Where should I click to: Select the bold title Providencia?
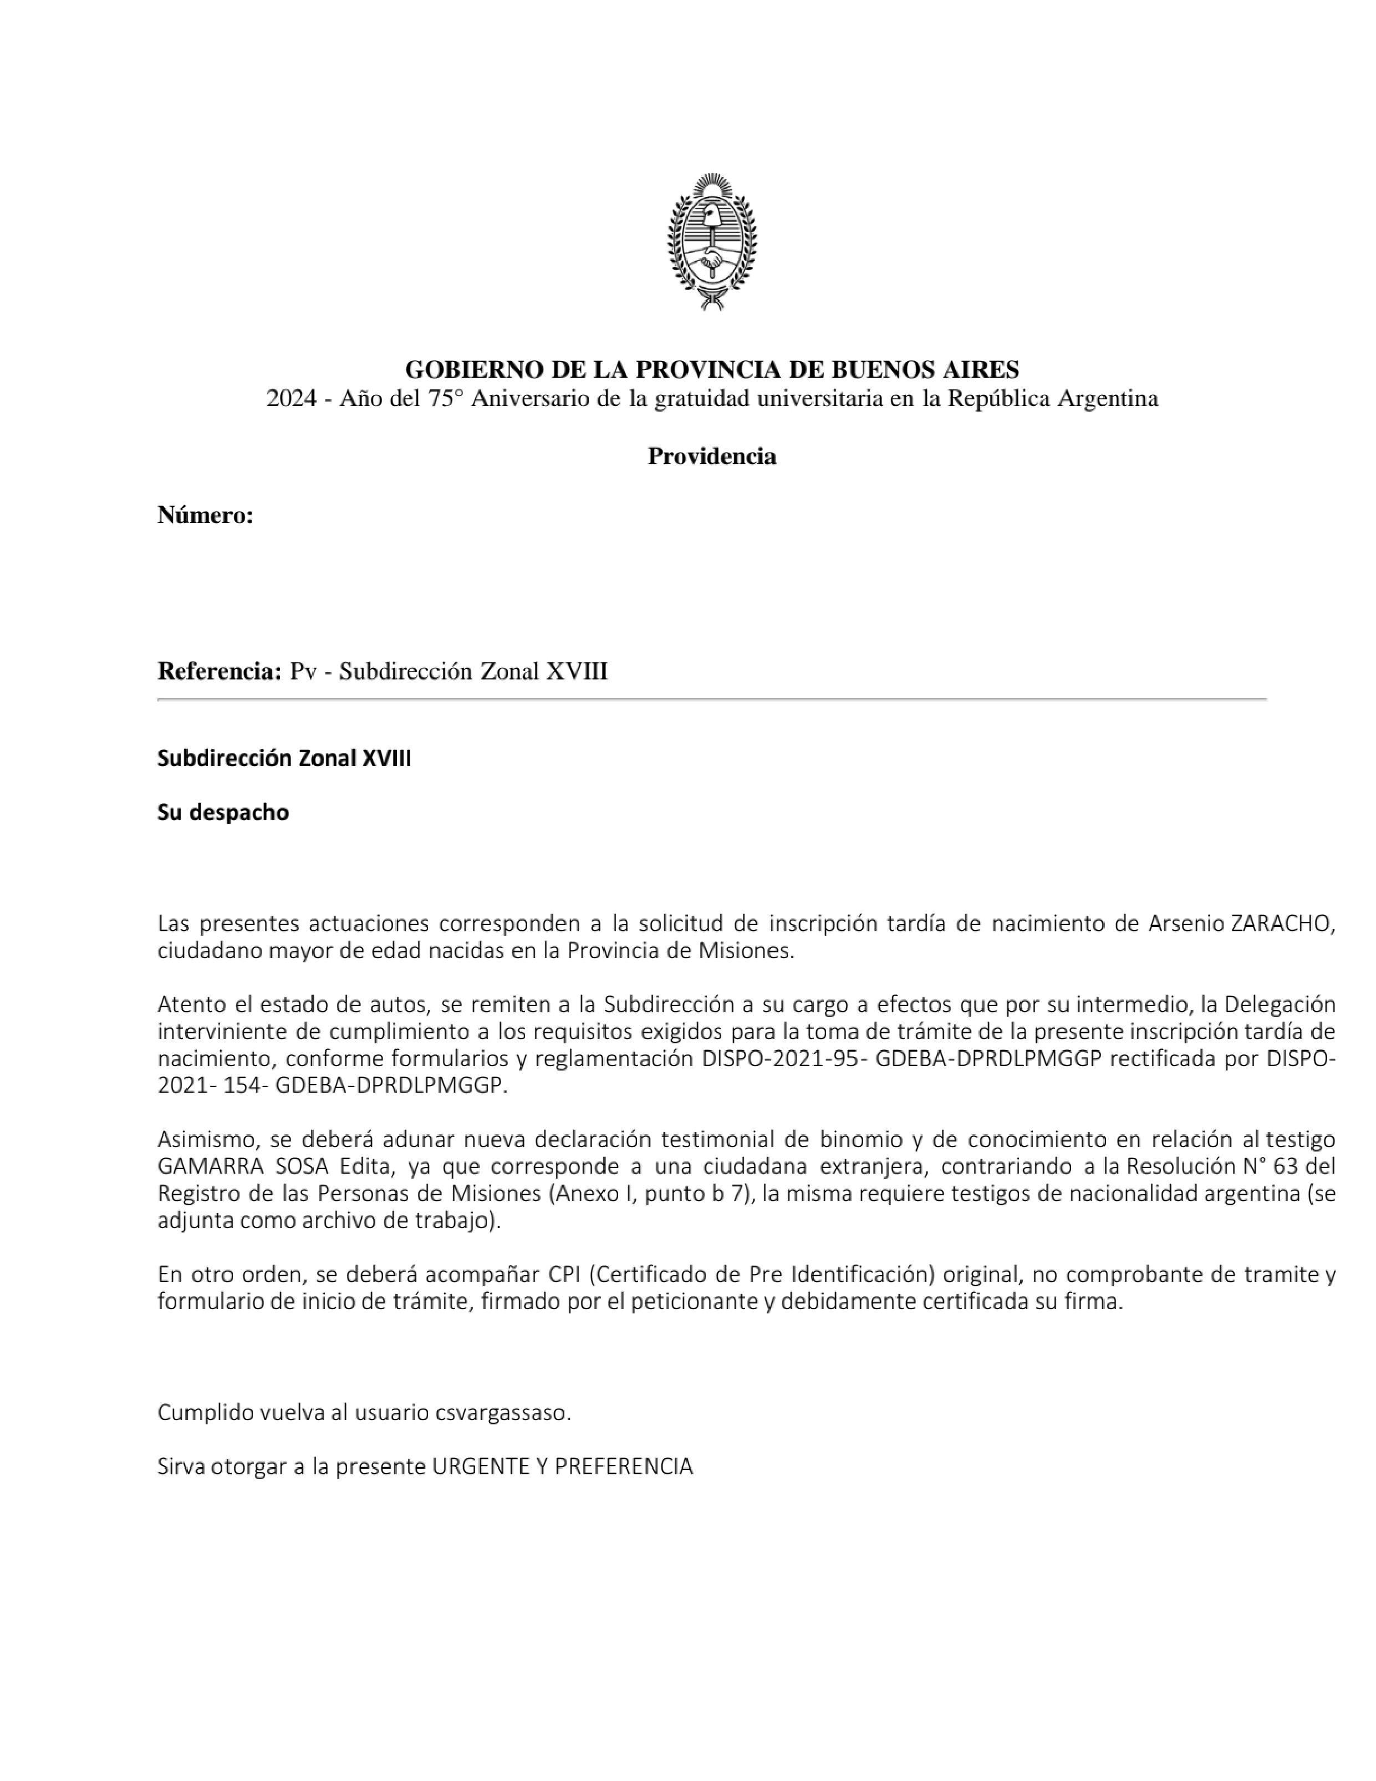712,456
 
